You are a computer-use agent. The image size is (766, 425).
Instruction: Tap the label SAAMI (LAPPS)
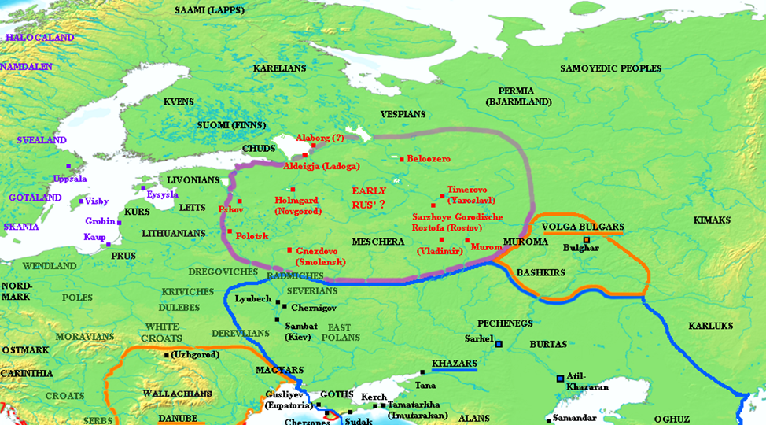point(210,11)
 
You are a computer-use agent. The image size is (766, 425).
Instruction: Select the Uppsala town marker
point(68,167)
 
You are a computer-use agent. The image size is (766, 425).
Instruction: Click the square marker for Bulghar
point(586,238)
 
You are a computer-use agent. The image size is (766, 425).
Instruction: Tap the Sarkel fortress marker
point(498,343)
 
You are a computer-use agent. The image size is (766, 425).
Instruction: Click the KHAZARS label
point(454,364)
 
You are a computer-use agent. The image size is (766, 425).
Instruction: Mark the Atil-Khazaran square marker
point(560,379)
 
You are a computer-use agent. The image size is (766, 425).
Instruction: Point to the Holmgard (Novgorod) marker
point(293,190)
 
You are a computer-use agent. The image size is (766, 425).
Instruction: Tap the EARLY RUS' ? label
point(374,198)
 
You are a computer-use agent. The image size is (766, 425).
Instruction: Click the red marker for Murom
point(467,240)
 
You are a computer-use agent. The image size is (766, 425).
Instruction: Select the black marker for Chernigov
point(285,305)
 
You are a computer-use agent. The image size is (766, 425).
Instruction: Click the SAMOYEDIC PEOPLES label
point(611,68)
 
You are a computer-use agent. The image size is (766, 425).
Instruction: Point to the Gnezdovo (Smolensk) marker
point(289,249)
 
